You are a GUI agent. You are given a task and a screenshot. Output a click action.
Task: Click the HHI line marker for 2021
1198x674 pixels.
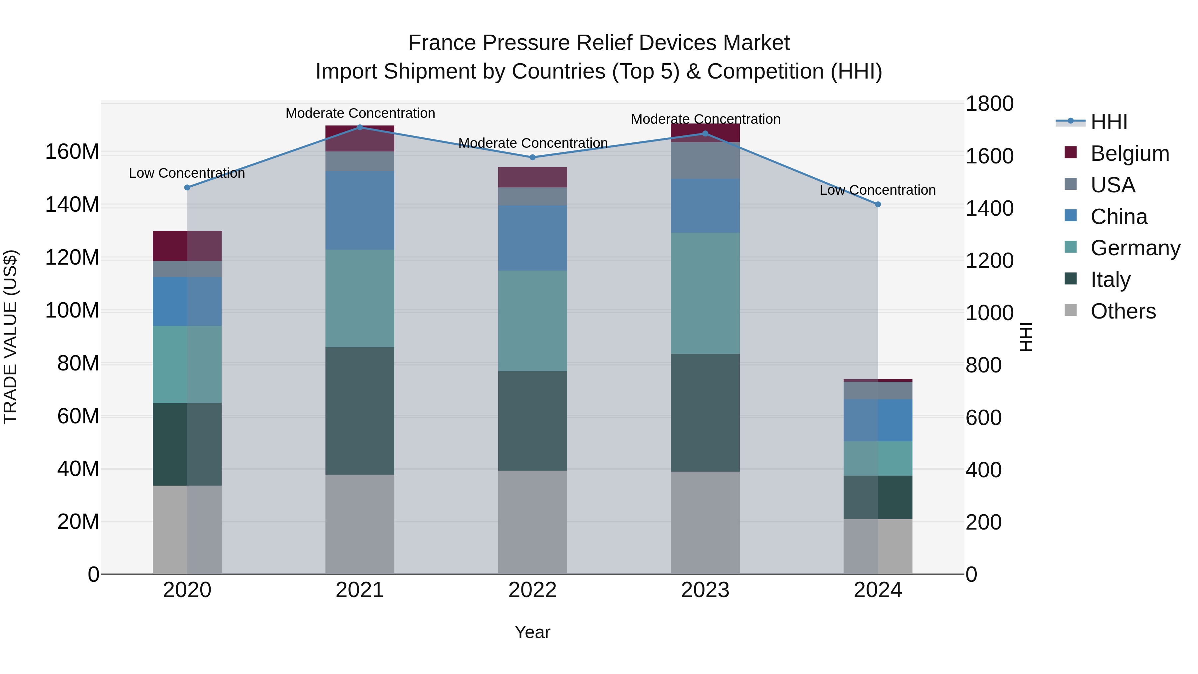tap(359, 127)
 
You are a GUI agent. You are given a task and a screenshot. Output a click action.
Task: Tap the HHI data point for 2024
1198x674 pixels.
tap(878, 204)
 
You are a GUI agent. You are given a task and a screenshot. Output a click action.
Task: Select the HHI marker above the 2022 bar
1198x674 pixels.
tap(532, 157)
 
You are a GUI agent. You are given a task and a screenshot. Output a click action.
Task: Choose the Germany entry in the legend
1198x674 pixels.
tap(1135, 248)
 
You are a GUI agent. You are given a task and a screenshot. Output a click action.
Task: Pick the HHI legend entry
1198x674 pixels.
tap(1109, 122)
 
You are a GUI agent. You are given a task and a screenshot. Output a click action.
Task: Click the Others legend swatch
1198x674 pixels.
tap(1071, 310)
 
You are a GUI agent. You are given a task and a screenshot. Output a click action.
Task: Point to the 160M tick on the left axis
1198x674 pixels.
tap(72, 152)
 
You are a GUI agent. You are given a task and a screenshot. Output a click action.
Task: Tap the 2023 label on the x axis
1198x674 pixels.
tap(705, 590)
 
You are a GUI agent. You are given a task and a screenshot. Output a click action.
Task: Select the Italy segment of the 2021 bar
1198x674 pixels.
tap(359, 410)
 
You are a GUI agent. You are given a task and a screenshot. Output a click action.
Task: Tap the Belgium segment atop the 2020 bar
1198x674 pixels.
tap(187, 246)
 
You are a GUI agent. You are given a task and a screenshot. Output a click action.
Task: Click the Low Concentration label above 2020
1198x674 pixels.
tap(187, 173)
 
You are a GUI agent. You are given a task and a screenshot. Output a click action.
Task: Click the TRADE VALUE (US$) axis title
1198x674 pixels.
tap(10, 337)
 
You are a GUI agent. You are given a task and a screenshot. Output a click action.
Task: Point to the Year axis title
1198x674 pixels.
tap(532, 632)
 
